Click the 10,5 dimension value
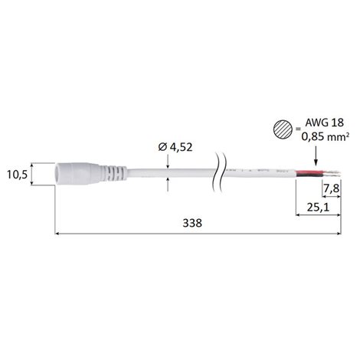17,175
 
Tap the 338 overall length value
192,223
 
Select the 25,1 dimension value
318,208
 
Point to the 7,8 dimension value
332,188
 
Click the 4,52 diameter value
181,147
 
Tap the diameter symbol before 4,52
162,147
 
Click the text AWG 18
325,123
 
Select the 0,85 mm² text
326,136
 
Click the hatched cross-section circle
283,129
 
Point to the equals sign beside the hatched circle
298,129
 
